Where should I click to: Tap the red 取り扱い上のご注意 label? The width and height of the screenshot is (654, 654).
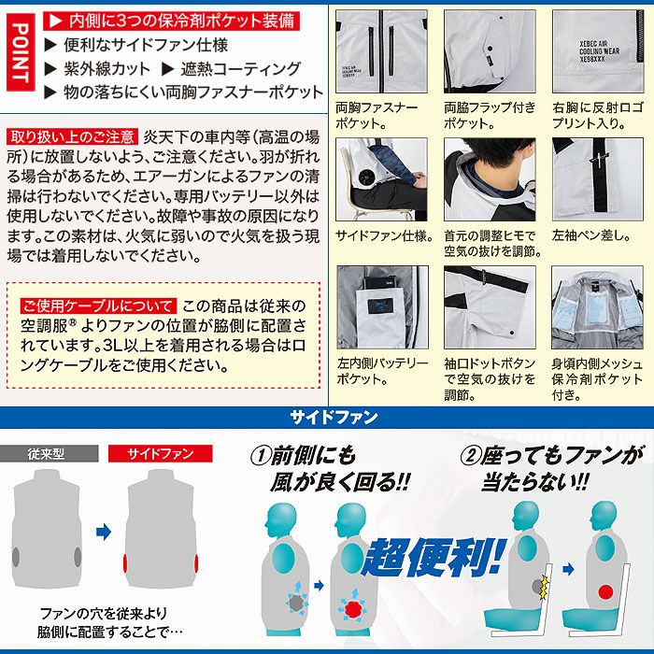[73, 135]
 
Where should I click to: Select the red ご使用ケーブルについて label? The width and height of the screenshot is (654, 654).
[98, 306]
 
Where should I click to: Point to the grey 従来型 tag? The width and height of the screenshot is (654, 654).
[50, 454]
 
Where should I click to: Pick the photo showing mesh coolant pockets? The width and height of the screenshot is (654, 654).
[596, 307]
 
